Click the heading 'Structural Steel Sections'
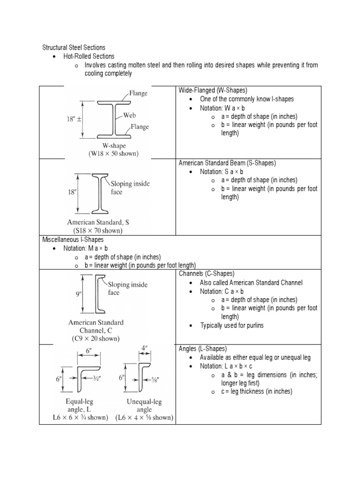74,47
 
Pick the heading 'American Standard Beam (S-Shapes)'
227,163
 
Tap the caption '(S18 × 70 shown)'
97,230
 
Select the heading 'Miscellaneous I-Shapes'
73,239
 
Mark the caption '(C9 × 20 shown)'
96,338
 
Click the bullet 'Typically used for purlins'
232,325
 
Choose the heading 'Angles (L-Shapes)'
202,349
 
